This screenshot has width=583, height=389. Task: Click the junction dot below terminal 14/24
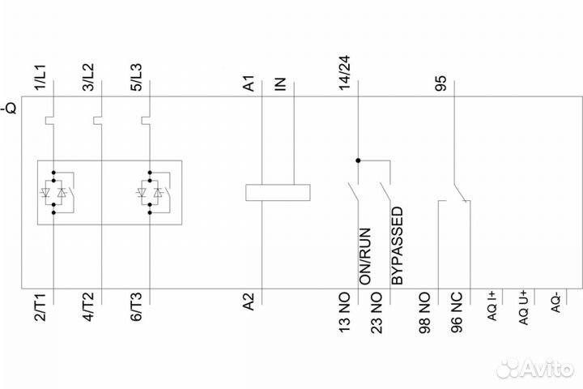(357, 160)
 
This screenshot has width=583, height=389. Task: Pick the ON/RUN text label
(365, 254)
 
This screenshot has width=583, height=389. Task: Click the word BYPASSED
(397, 246)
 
